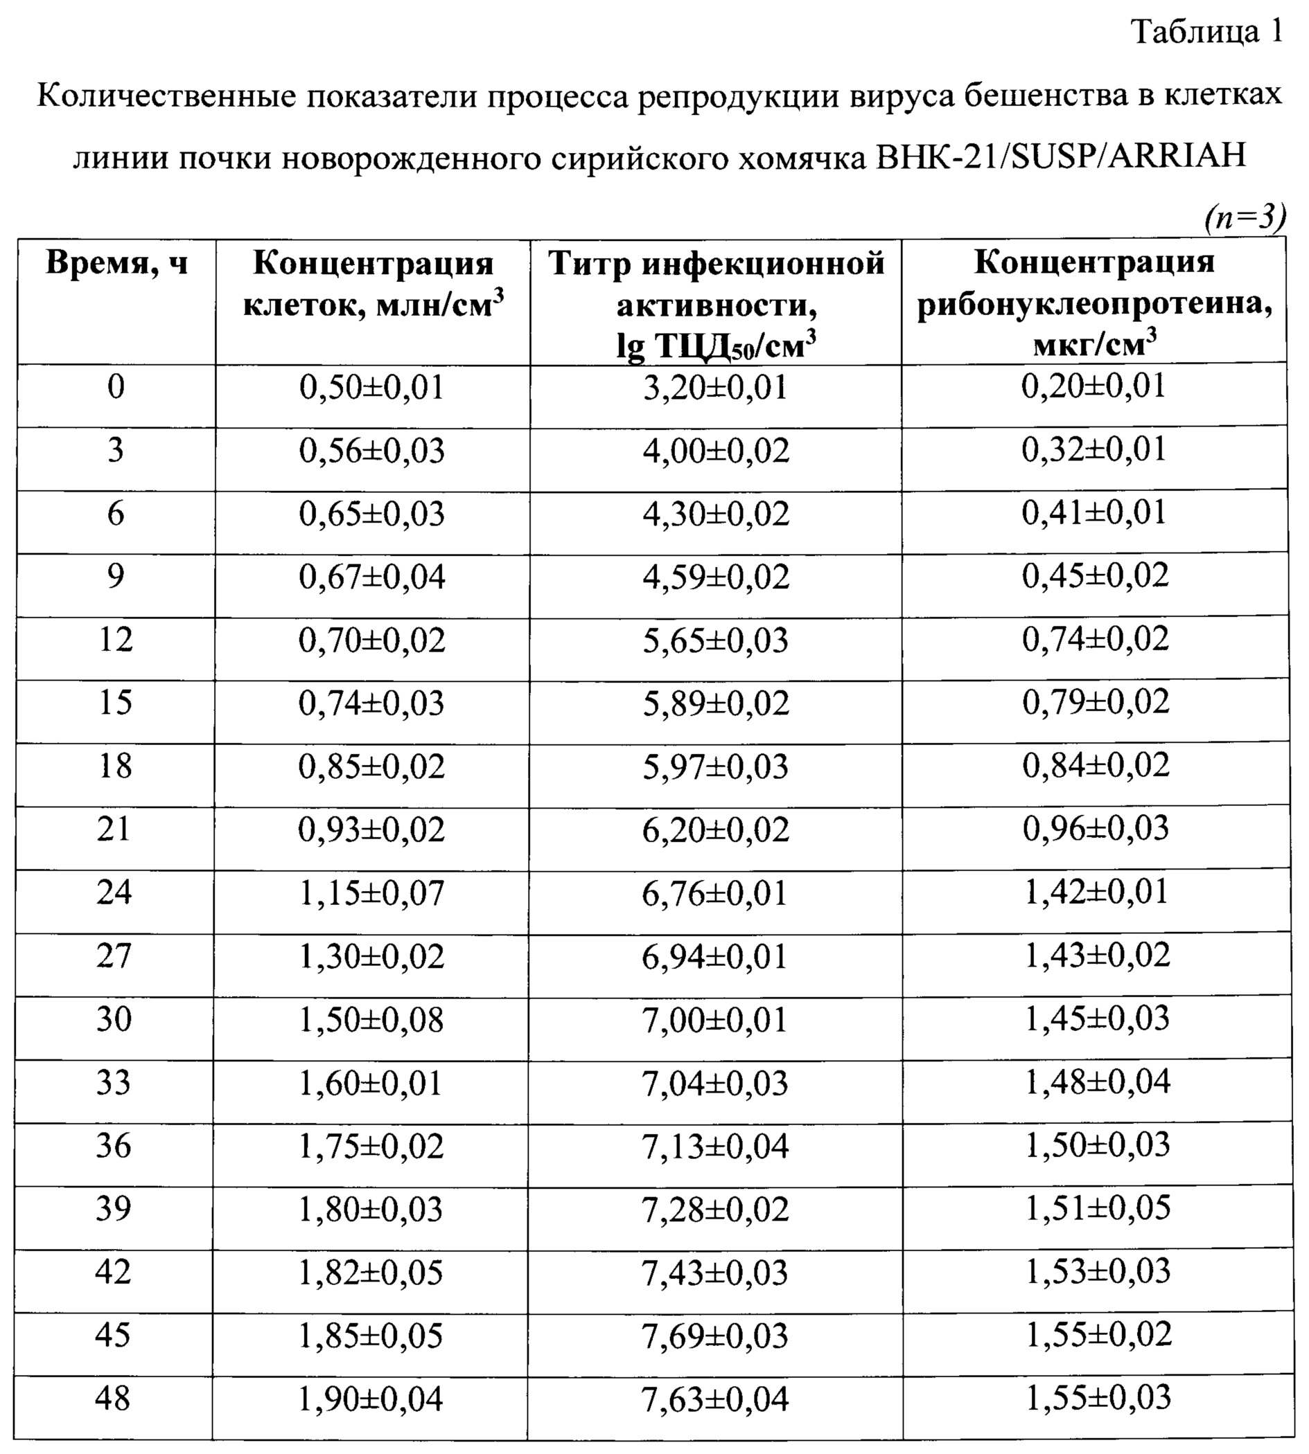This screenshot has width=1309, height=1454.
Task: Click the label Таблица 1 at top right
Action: pos(1207,33)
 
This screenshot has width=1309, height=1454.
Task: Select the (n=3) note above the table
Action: pos(1245,217)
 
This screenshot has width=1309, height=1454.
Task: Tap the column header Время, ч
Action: pos(116,263)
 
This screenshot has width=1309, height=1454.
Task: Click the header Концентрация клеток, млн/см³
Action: pos(373,285)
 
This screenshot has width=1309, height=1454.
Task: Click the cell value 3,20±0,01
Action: pos(716,388)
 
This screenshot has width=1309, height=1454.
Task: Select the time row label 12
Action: pos(115,639)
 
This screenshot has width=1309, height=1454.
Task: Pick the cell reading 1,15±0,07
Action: pos(372,892)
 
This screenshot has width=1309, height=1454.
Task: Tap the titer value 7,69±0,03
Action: pos(716,1336)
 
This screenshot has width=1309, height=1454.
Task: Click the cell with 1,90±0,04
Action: pos(371,1399)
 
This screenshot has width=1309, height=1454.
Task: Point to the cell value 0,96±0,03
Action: pos(1096,828)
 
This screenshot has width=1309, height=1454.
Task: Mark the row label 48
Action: pos(113,1398)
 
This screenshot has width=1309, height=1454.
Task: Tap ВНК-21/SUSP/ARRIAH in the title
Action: pos(1061,156)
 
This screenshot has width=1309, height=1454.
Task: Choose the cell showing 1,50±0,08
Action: pos(371,1020)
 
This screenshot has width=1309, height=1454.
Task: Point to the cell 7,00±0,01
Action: pos(715,1020)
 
